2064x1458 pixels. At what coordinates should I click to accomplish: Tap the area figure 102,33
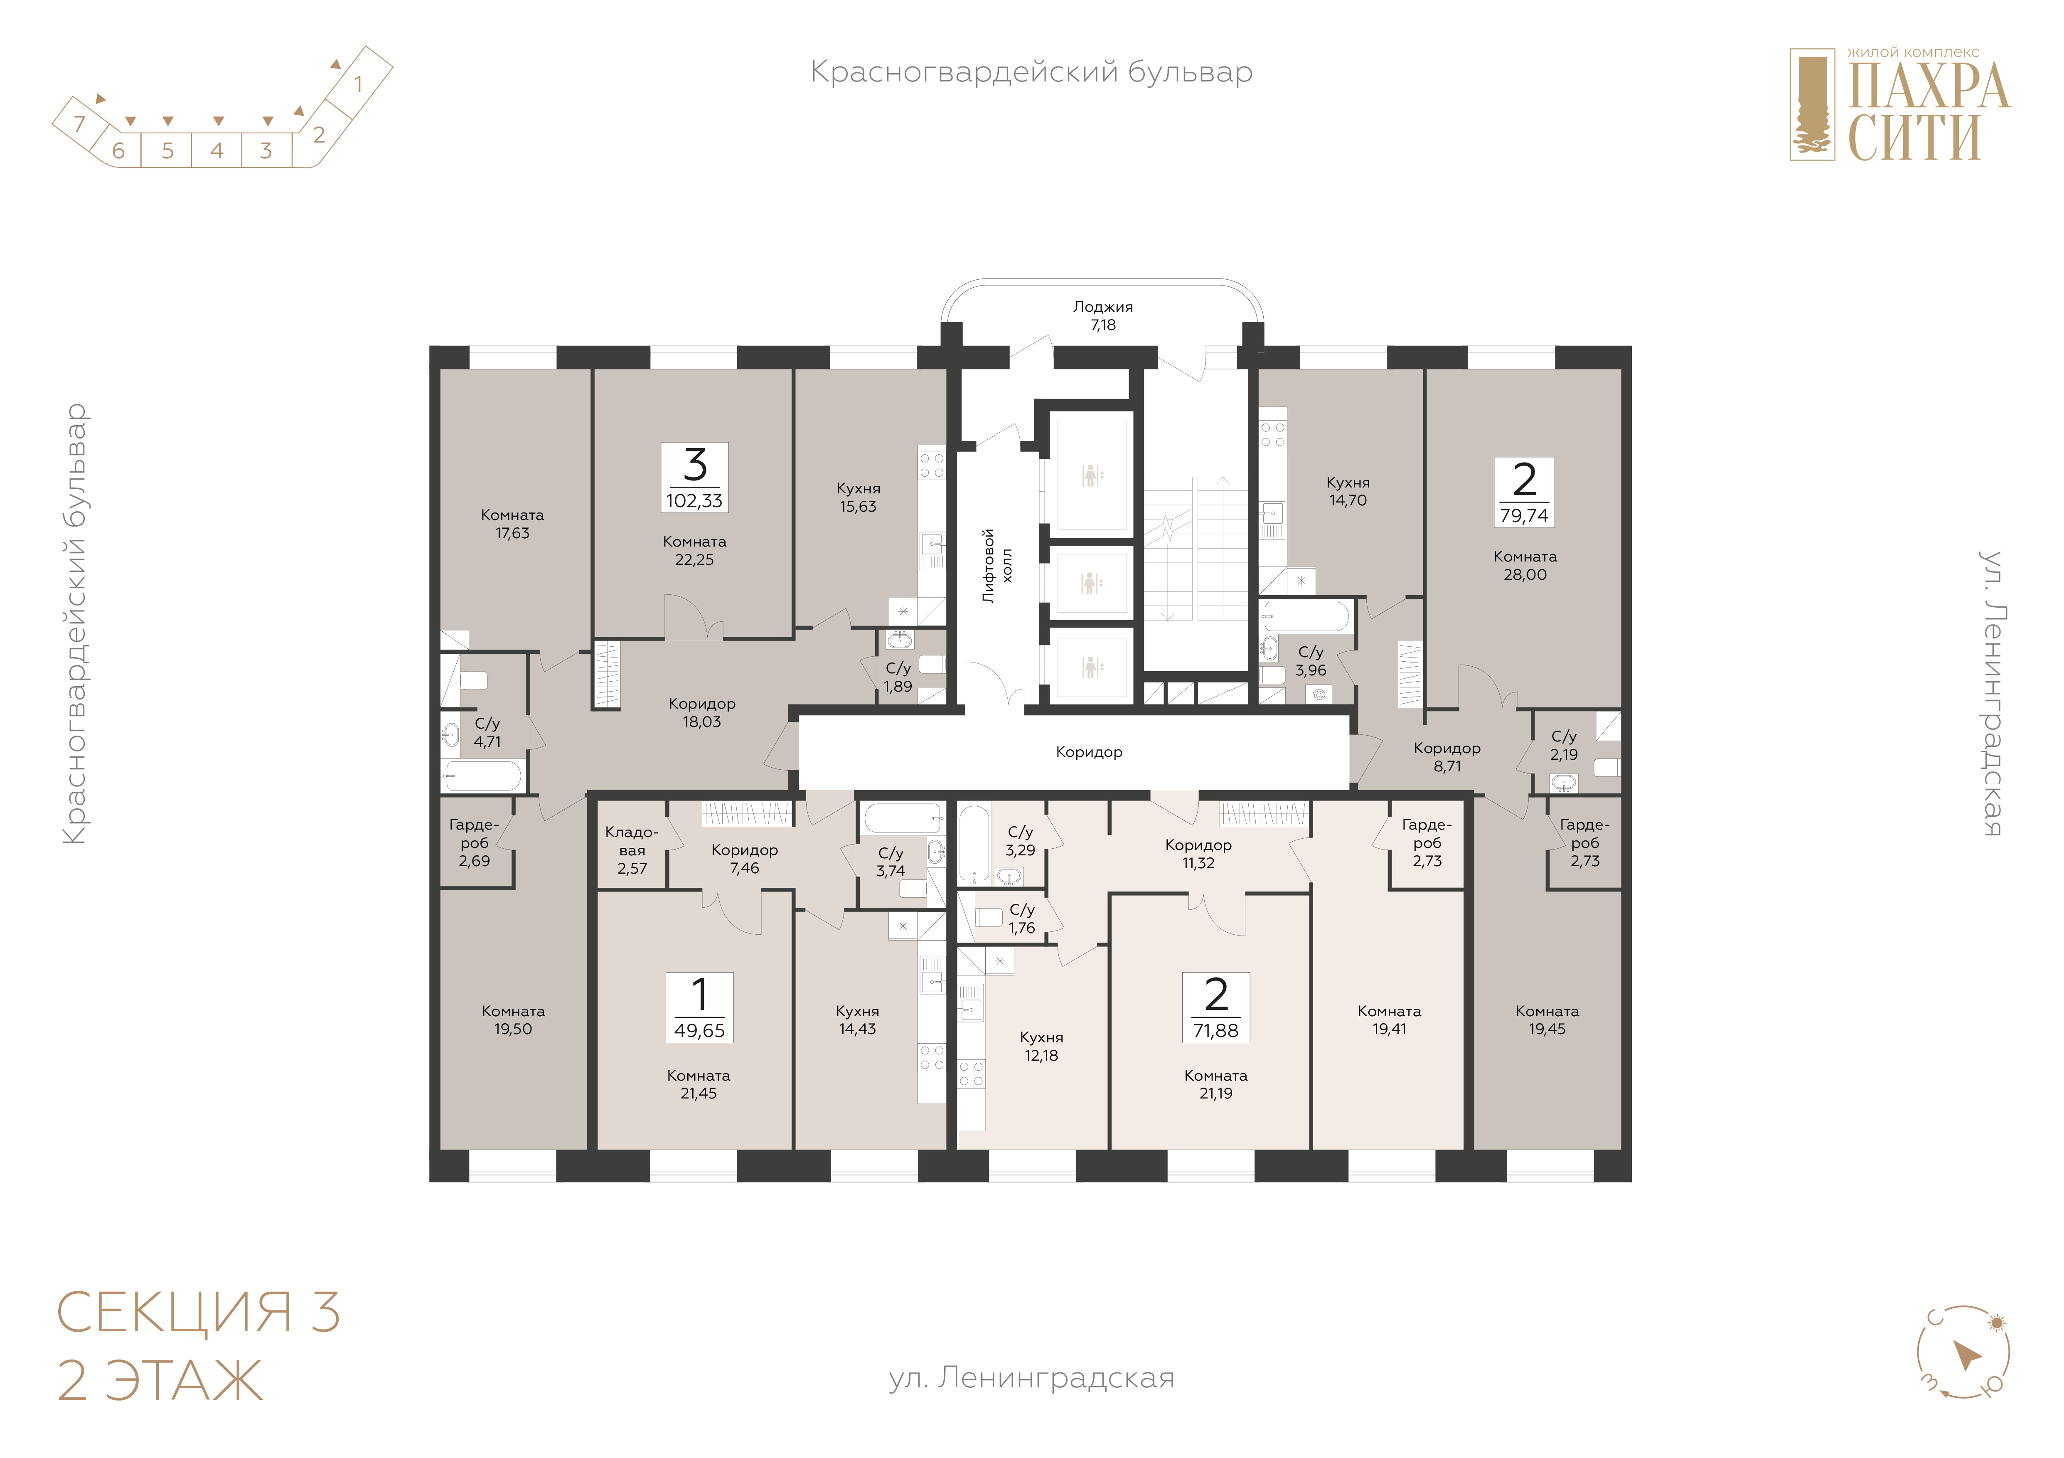pos(694,501)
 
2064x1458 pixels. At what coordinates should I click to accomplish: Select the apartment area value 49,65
pos(699,1031)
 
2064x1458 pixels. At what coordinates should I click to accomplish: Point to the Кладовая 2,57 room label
pos(632,850)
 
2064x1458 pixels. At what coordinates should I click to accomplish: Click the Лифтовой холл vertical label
pos(997,565)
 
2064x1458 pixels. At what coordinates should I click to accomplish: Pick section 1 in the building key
pos(358,84)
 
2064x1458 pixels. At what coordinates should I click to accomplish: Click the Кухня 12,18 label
pos(1041,1046)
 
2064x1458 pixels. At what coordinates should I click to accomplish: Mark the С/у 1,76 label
pos(1022,919)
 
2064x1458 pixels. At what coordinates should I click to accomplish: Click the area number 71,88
pos(1215,1031)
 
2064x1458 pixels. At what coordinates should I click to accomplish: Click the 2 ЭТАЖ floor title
pos(160,1382)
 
